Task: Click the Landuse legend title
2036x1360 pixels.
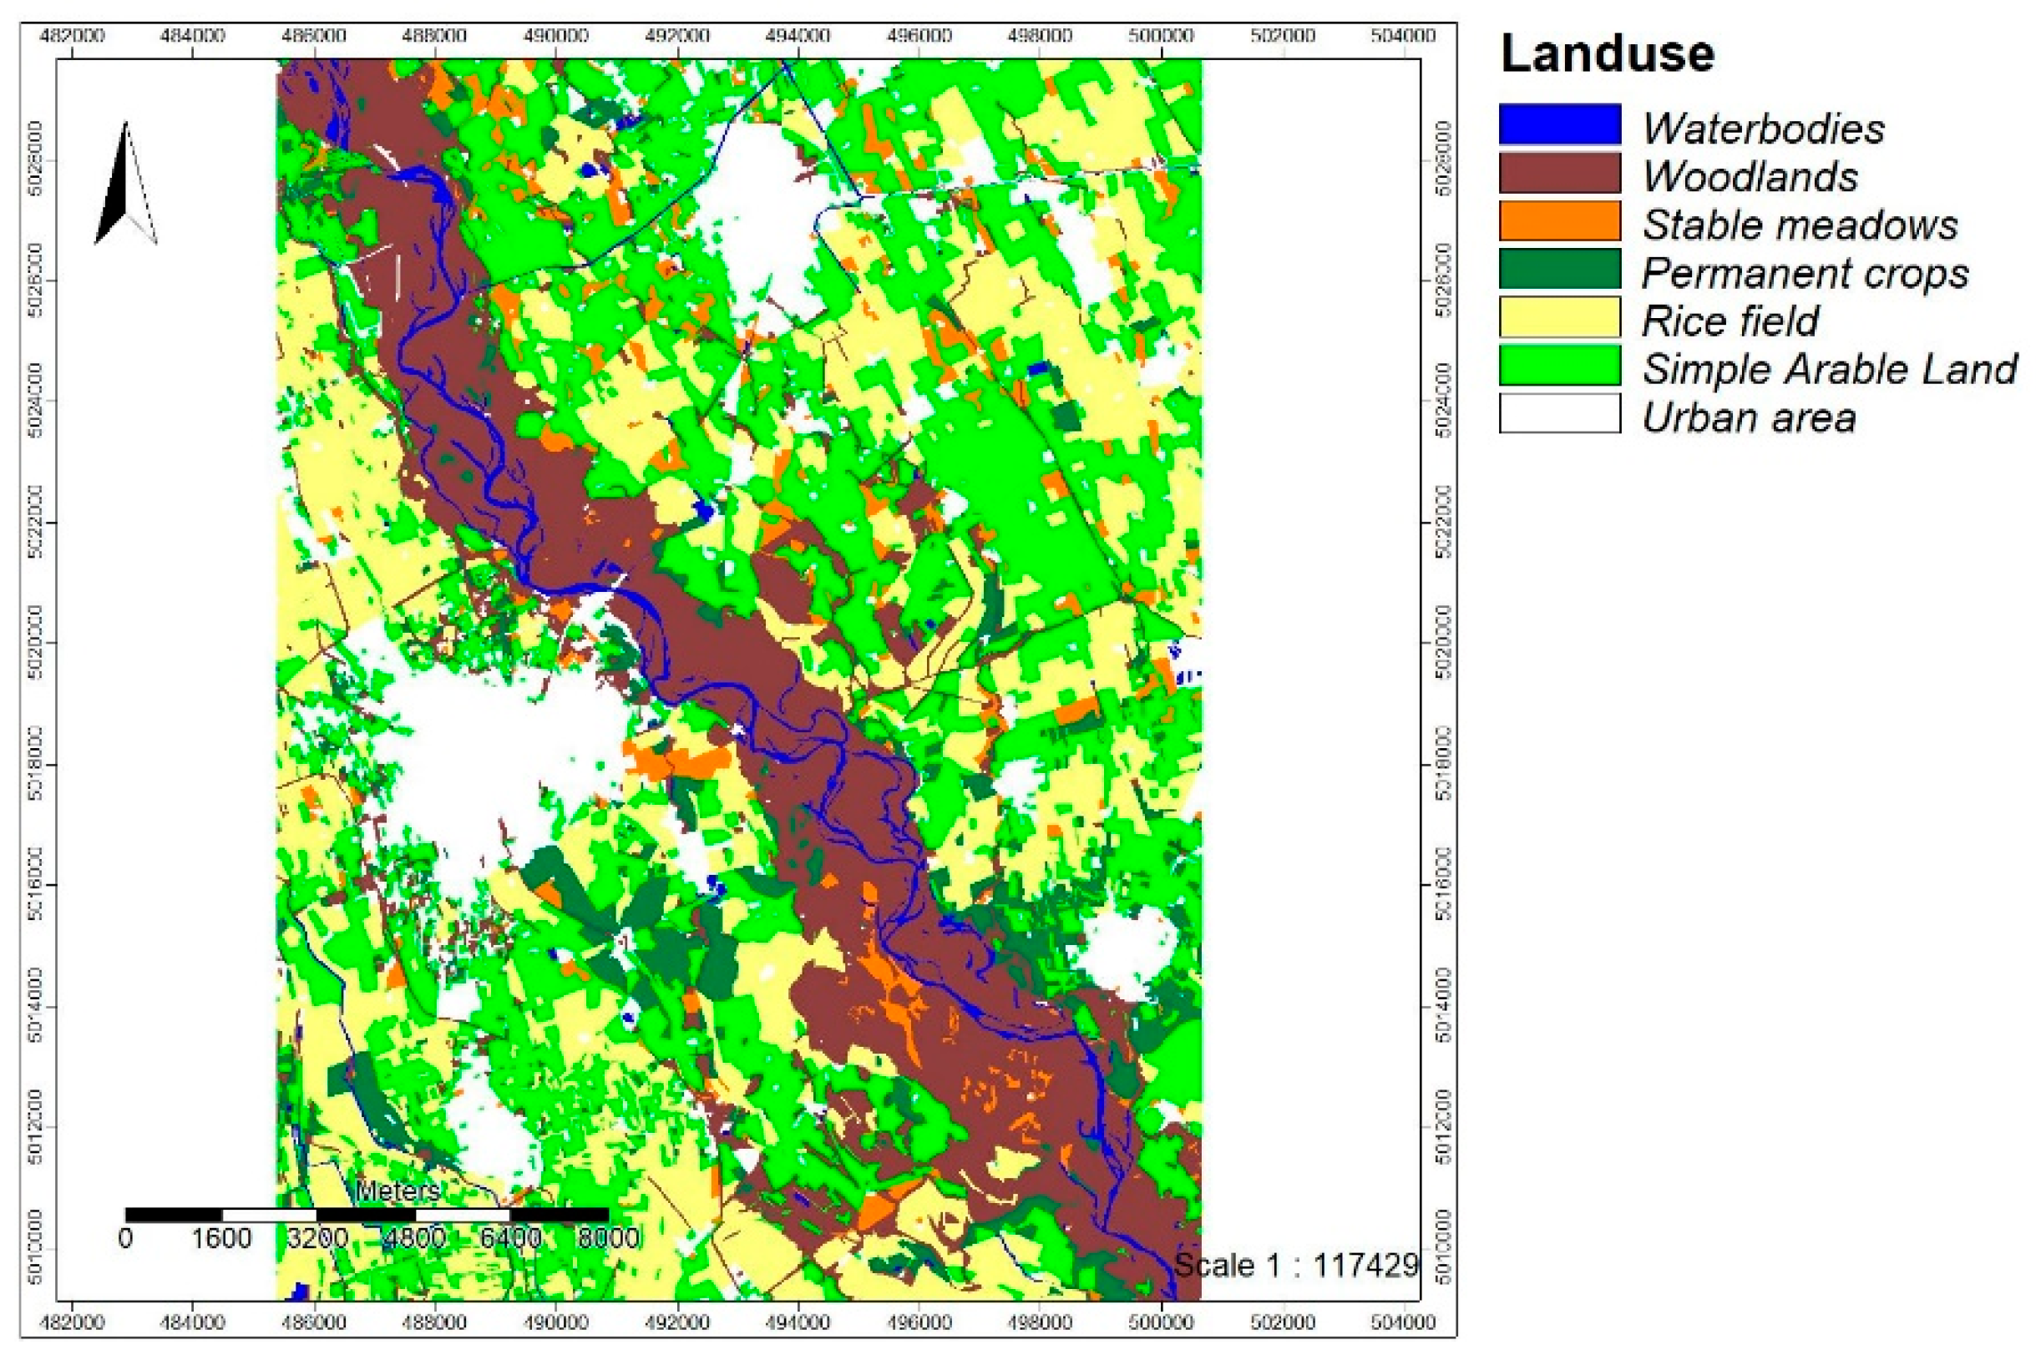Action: tap(1607, 53)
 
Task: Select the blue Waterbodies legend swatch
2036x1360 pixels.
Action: tap(1559, 124)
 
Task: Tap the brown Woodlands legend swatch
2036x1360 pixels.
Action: tap(1559, 173)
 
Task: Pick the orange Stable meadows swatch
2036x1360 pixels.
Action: tap(1559, 221)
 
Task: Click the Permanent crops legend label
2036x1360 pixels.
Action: tap(1805, 274)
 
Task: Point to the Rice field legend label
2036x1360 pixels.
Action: tap(1730, 321)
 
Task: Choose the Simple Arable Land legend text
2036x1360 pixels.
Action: tap(1829, 370)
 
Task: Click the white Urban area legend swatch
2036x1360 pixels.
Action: tap(1559, 414)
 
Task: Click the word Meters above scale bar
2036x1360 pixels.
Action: tap(398, 1190)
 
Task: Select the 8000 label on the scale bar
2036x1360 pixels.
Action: tap(608, 1238)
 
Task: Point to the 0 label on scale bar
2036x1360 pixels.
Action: tap(126, 1238)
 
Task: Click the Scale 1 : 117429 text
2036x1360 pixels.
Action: tap(1296, 1266)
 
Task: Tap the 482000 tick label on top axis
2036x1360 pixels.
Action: tap(73, 36)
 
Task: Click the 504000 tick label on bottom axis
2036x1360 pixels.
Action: tap(1402, 1322)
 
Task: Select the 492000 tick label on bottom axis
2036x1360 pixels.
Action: tap(676, 1322)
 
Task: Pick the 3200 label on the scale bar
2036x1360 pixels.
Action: tap(317, 1238)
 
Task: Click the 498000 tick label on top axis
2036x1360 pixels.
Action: tap(1039, 36)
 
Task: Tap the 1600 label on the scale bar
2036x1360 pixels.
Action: tap(221, 1238)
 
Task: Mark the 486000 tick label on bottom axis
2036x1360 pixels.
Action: tap(314, 1322)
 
